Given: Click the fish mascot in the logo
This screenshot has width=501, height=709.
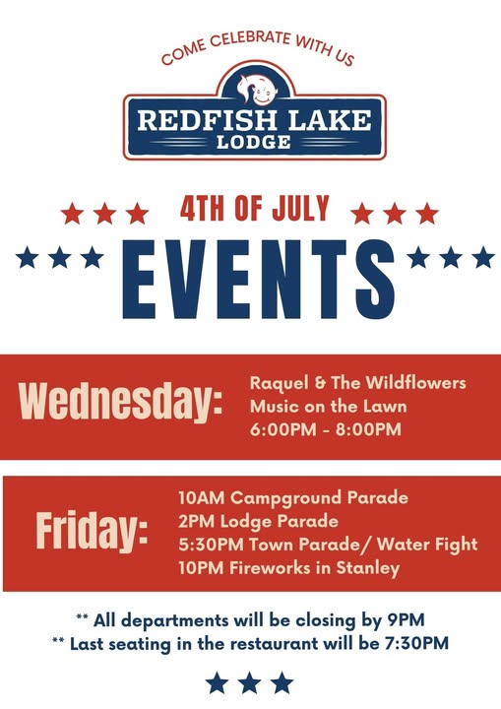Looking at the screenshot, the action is point(256,89).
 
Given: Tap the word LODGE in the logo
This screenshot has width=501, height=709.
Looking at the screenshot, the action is point(254,142).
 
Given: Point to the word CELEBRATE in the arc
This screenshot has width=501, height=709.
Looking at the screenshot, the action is point(250,38).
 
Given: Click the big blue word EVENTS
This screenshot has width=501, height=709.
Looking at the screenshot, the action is point(258,280).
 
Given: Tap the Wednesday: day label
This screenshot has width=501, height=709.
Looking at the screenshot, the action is point(120,401).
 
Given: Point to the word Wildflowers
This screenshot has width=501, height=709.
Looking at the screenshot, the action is point(415,382).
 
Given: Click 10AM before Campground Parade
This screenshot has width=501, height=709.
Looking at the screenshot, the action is point(201,498).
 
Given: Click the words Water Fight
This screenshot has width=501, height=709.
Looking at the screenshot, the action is point(427,545).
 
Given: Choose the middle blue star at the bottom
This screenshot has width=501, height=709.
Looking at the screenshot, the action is point(250,682).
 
